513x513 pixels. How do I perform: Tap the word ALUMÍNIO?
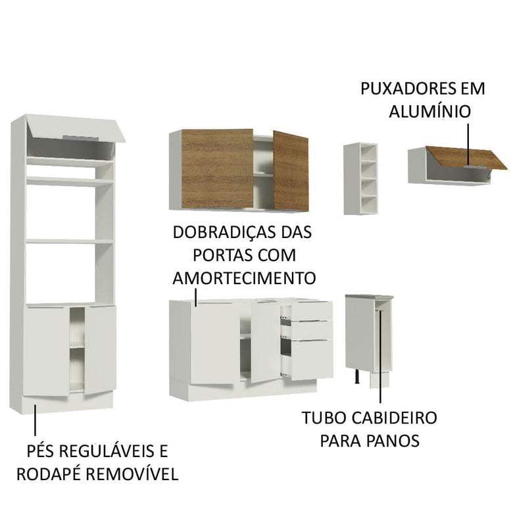429,111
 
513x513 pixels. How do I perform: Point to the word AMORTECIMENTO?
244,276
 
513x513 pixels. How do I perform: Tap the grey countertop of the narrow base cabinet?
370,297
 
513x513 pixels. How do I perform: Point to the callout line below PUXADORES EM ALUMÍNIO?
468,142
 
